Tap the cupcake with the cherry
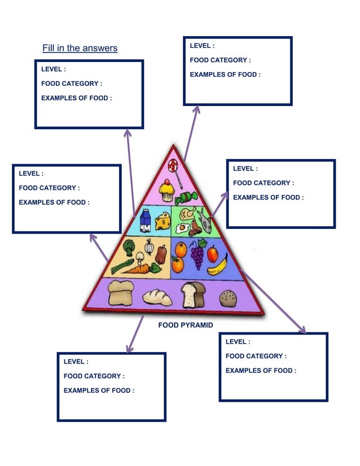[x=166, y=191]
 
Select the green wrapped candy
[x=186, y=199]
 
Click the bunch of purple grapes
[x=197, y=254]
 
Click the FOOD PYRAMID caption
[x=185, y=326]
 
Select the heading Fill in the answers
[x=80, y=48]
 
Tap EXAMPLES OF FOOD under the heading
[x=76, y=98]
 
